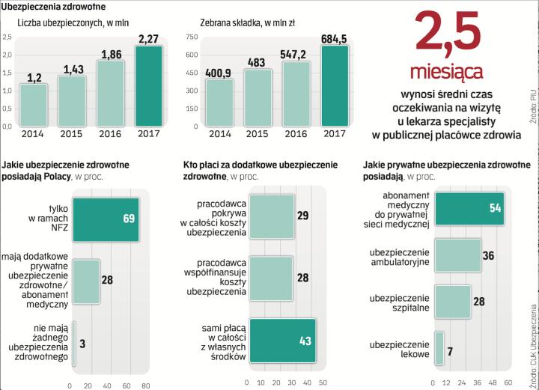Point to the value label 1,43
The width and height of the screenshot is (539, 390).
coord(73,70)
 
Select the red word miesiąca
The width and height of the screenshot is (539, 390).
coord(447,72)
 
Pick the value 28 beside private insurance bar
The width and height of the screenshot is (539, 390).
coord(106,280)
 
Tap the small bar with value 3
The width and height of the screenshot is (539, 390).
coord(73,342)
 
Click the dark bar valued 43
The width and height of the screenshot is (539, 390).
coord(283,342)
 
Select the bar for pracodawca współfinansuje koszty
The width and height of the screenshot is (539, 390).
coord(271,278)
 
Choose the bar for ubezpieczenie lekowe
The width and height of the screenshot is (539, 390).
coord(439,350)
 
